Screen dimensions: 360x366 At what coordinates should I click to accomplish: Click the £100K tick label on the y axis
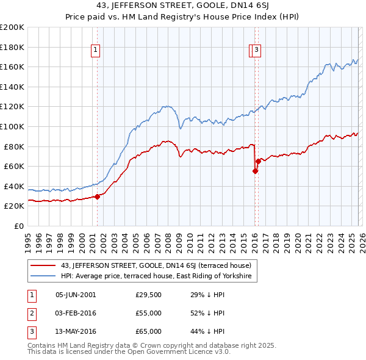point(12,126)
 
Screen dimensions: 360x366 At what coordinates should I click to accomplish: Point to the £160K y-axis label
point(12,67)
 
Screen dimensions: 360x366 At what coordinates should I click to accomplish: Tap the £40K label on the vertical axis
point(14,186)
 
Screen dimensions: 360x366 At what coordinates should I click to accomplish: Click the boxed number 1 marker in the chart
point(96,51)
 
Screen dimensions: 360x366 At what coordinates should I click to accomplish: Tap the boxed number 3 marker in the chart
point(256,51)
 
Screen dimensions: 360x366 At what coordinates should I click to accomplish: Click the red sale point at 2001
point(97,196)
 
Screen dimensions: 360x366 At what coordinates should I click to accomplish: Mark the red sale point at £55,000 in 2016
point(255,171)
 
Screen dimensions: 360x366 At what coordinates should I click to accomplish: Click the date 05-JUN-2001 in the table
point(76,295)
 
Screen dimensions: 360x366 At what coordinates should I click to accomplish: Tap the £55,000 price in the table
point(148,313)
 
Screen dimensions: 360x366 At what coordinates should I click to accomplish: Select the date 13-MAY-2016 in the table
point(76,331)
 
